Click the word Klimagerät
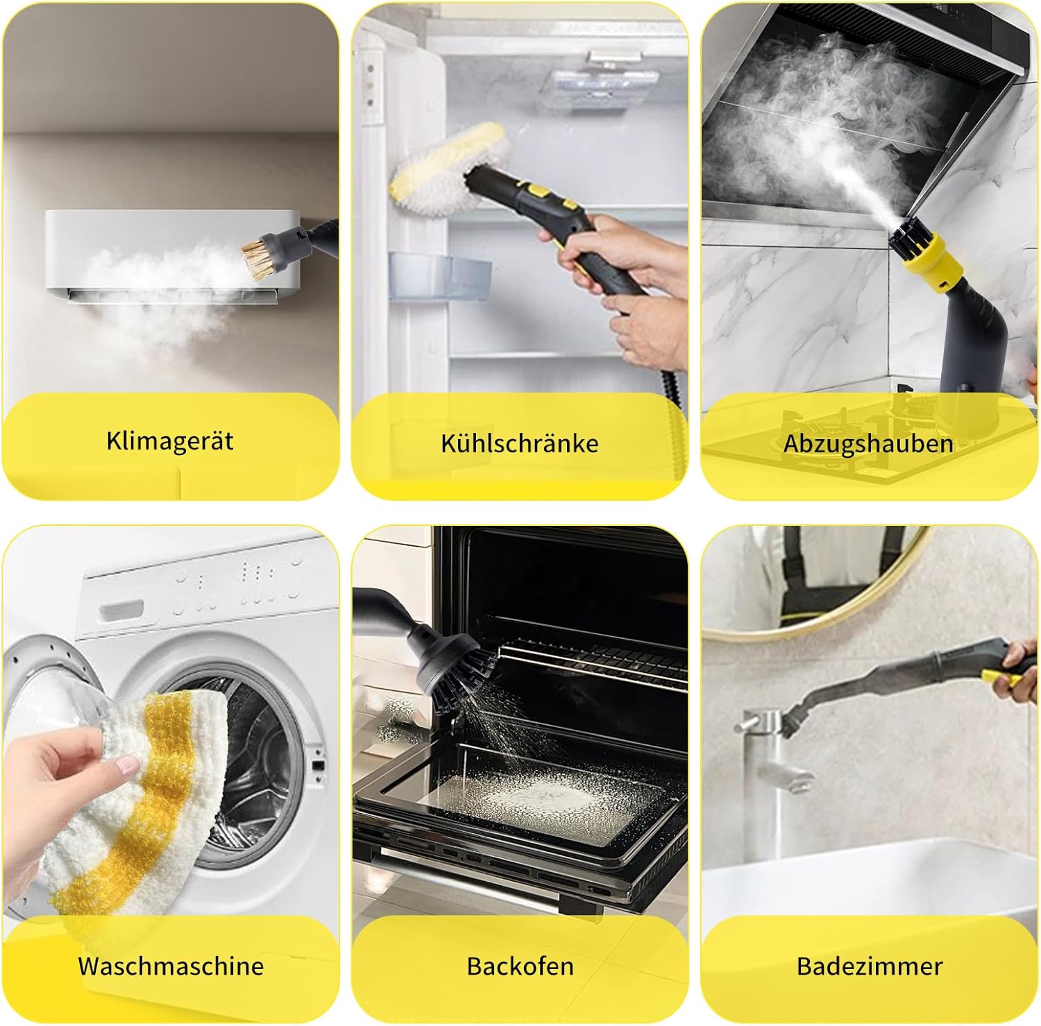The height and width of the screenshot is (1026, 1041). coord(170,441)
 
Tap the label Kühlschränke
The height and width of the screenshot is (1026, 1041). coord(519,443)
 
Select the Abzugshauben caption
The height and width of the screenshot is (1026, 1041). coord(868,444)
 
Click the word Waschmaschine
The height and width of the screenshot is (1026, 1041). coord(171,966)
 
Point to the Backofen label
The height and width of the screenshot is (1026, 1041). coord(520,966)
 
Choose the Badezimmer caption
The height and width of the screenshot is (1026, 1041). coord(870,966)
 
